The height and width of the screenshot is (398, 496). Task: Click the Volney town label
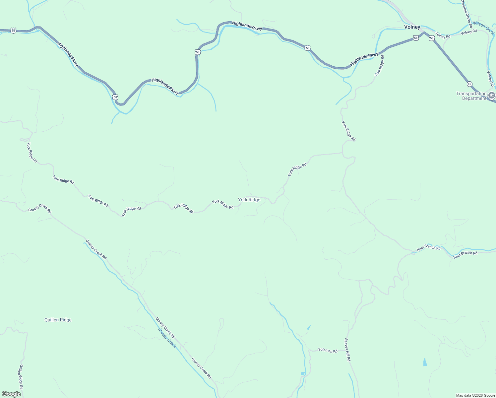[x=412, y=27]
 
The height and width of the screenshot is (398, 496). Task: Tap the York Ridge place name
[x=249, y=200]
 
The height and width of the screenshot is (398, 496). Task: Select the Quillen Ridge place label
[x=58, y=320]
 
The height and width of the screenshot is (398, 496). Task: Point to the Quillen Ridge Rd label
[x=21, y=376]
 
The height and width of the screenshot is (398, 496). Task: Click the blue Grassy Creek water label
[x=167, y=338]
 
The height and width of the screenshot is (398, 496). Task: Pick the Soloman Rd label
[x=328, y=350]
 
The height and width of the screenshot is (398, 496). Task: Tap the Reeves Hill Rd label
[x=347, y=350]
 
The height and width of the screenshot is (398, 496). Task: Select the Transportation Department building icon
[x=492, y=96]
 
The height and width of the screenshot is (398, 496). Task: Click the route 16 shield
[x=469, y=84]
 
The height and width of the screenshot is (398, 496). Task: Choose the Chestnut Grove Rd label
[x=466, y=13]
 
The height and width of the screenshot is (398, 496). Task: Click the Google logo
[x=11, y=394]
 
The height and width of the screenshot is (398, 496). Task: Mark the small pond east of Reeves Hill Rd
[x=425, y=362]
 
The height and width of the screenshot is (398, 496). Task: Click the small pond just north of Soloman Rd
[x=309, y=327]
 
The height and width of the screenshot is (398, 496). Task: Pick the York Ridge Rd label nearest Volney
[x=379, y=65]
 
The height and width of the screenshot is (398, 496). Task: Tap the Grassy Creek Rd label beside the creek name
[x=165, y=328]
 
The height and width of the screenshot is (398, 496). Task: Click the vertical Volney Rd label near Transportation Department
[x=490, y=79]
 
